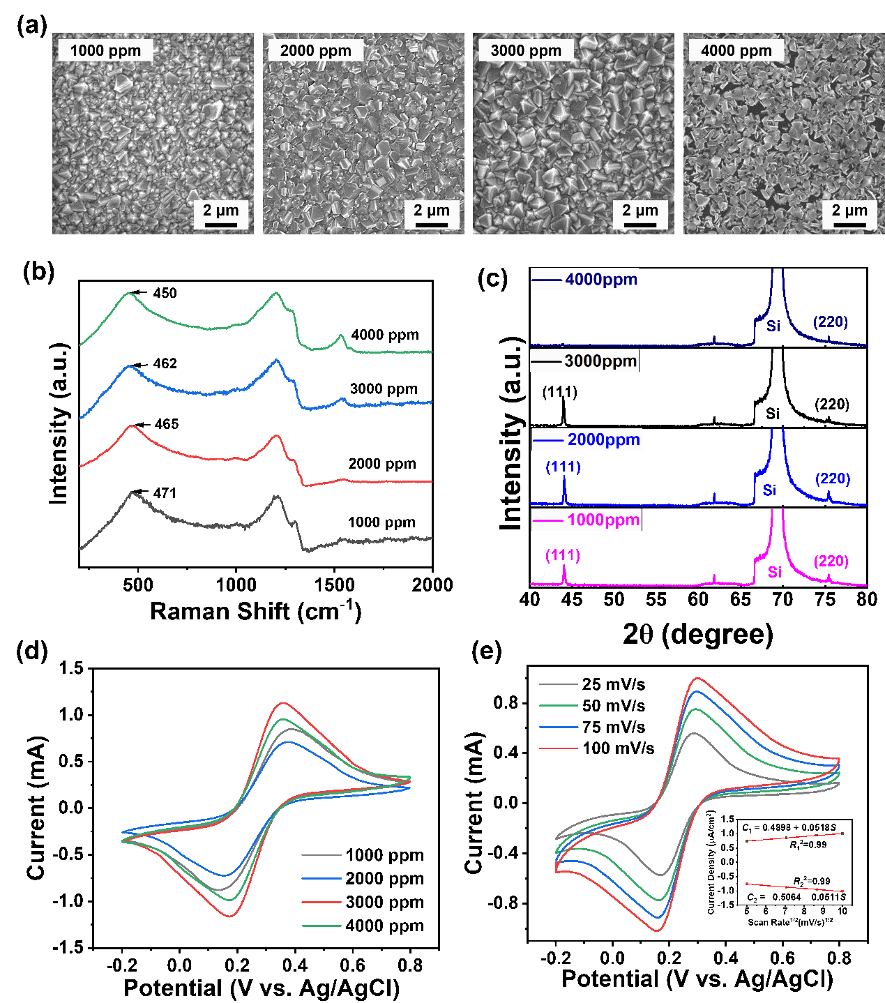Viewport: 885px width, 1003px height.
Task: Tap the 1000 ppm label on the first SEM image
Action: pos(105,50)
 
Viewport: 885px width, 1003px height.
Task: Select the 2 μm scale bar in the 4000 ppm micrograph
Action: pos(849,216)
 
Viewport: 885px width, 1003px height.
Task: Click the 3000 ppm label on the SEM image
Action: pos(526,50)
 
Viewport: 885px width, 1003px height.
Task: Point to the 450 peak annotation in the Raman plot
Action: pos(165,293)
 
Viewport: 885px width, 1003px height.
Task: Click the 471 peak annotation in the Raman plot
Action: pos(165,493)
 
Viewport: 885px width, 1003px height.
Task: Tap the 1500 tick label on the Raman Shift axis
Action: pos(335,585)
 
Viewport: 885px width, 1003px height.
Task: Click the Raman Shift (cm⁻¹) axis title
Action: pos(255,612)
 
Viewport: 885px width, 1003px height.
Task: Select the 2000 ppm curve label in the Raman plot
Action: pos(382,464)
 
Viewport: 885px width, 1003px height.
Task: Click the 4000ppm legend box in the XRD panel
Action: pos(585,280)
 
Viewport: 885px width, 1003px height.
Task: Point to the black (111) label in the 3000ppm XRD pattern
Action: pos(560,392)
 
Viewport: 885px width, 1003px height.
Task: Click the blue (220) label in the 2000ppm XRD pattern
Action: pos(833,478)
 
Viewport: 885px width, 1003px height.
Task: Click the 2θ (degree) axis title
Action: pos(698,635)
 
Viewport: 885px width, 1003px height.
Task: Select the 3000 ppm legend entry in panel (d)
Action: pos(384,902)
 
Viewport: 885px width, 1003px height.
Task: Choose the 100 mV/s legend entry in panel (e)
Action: pos(618,748)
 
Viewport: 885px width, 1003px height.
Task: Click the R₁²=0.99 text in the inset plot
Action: pos(808,845)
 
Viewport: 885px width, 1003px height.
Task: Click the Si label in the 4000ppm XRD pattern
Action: pos(773,326)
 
